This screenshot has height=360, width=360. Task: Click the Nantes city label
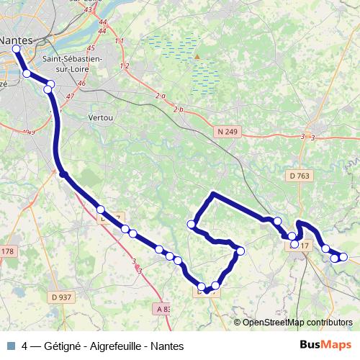click(x=17, y=40)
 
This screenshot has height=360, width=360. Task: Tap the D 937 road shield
click(x=62, y=297)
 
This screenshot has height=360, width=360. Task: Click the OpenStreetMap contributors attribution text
click(x=297, y=323)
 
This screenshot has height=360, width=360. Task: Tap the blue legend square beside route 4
click(x=11, y=346)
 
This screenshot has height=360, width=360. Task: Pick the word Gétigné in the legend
click(x=63, y=346)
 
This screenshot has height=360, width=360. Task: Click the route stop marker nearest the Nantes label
click(x=16, y=49)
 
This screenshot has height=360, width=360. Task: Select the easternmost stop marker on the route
click(x=343, y=256)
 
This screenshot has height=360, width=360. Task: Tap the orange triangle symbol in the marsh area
click(x=195, y=56)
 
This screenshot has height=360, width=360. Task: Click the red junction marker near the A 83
click(x=137, y=266)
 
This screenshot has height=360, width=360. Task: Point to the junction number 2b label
click(x=179, y=109)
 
